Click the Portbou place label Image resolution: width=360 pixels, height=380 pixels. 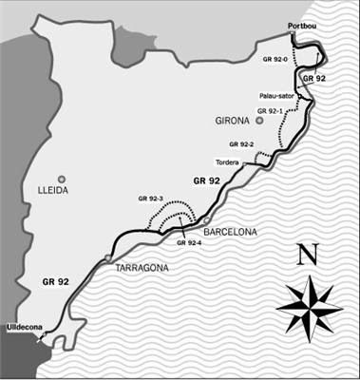[x=305, y=27]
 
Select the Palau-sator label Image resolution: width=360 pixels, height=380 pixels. [x=276, y=96]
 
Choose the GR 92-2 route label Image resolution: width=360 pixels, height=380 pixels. [x=241, y=143]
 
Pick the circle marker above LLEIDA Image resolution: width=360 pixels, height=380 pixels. [x=61, y=178]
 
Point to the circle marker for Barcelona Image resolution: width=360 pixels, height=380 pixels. [x=206, y=220]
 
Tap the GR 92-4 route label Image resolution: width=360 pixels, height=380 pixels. [x=192, y=242]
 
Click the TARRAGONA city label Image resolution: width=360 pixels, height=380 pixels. [x=142, y=268]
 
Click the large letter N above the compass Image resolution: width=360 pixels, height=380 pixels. [x=307, y=255]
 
